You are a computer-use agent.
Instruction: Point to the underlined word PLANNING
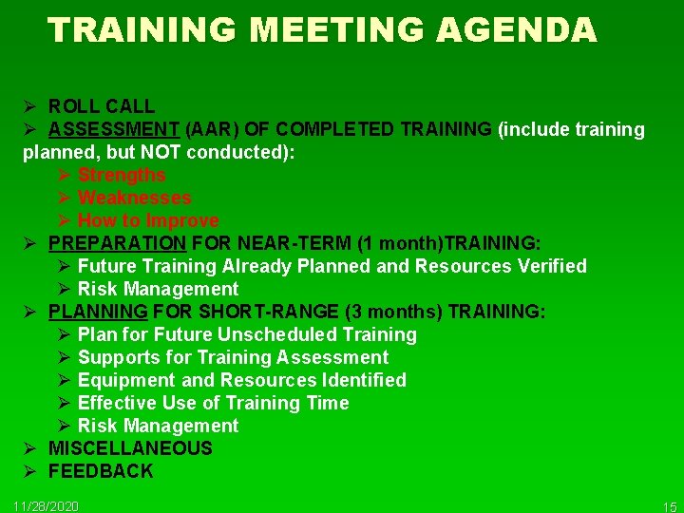point(98,312)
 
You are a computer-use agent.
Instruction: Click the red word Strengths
point(122,175)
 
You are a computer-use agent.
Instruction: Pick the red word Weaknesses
point(135,198)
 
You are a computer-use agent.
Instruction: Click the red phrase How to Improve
point(148,220)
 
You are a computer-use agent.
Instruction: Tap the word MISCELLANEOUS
point(130,448)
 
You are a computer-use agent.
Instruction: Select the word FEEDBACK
point(101,471)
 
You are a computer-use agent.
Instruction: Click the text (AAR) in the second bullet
point(205,129)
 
